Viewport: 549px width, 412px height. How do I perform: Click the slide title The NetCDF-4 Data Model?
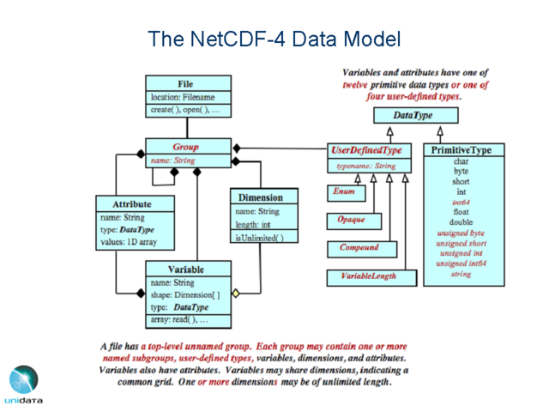click(274, 39)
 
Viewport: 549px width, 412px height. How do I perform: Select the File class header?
click(185, 84)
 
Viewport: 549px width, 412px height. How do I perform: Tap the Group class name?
click(185, 147)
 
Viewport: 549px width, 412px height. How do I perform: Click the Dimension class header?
click(267, 197)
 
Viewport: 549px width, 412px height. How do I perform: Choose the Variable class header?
click(185, 270)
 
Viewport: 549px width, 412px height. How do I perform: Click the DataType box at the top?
click(413, 115)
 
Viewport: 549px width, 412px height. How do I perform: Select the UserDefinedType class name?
click(366, 150)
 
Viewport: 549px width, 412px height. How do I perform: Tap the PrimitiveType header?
click(462, 150)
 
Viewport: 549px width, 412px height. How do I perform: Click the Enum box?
click(343, 193)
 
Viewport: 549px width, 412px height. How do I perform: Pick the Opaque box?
click(351, 220)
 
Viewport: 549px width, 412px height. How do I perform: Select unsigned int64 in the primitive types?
click(462, 264)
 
